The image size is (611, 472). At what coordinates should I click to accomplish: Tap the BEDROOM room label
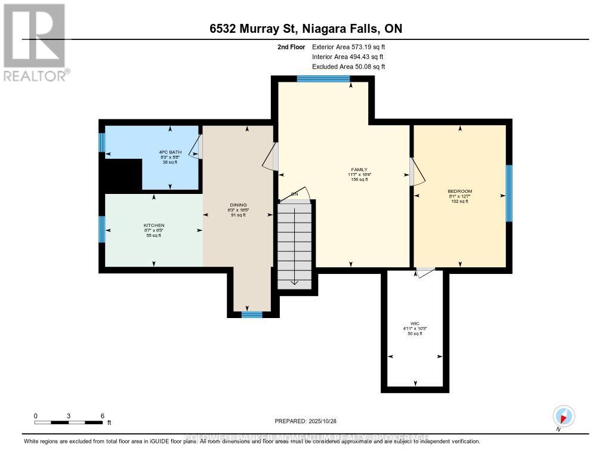click(459, 192)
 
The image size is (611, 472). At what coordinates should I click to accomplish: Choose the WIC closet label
click(415, 323)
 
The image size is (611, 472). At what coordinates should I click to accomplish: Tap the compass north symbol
click(563, 416)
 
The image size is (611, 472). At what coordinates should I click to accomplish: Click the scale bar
click(69, 422)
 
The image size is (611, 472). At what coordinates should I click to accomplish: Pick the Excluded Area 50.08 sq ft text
click(349, 67)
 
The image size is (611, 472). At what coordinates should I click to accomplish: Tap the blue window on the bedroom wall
click(509, 193)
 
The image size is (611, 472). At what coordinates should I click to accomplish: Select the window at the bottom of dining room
click(252, 314)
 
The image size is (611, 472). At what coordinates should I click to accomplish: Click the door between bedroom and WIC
click(425, 273)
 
